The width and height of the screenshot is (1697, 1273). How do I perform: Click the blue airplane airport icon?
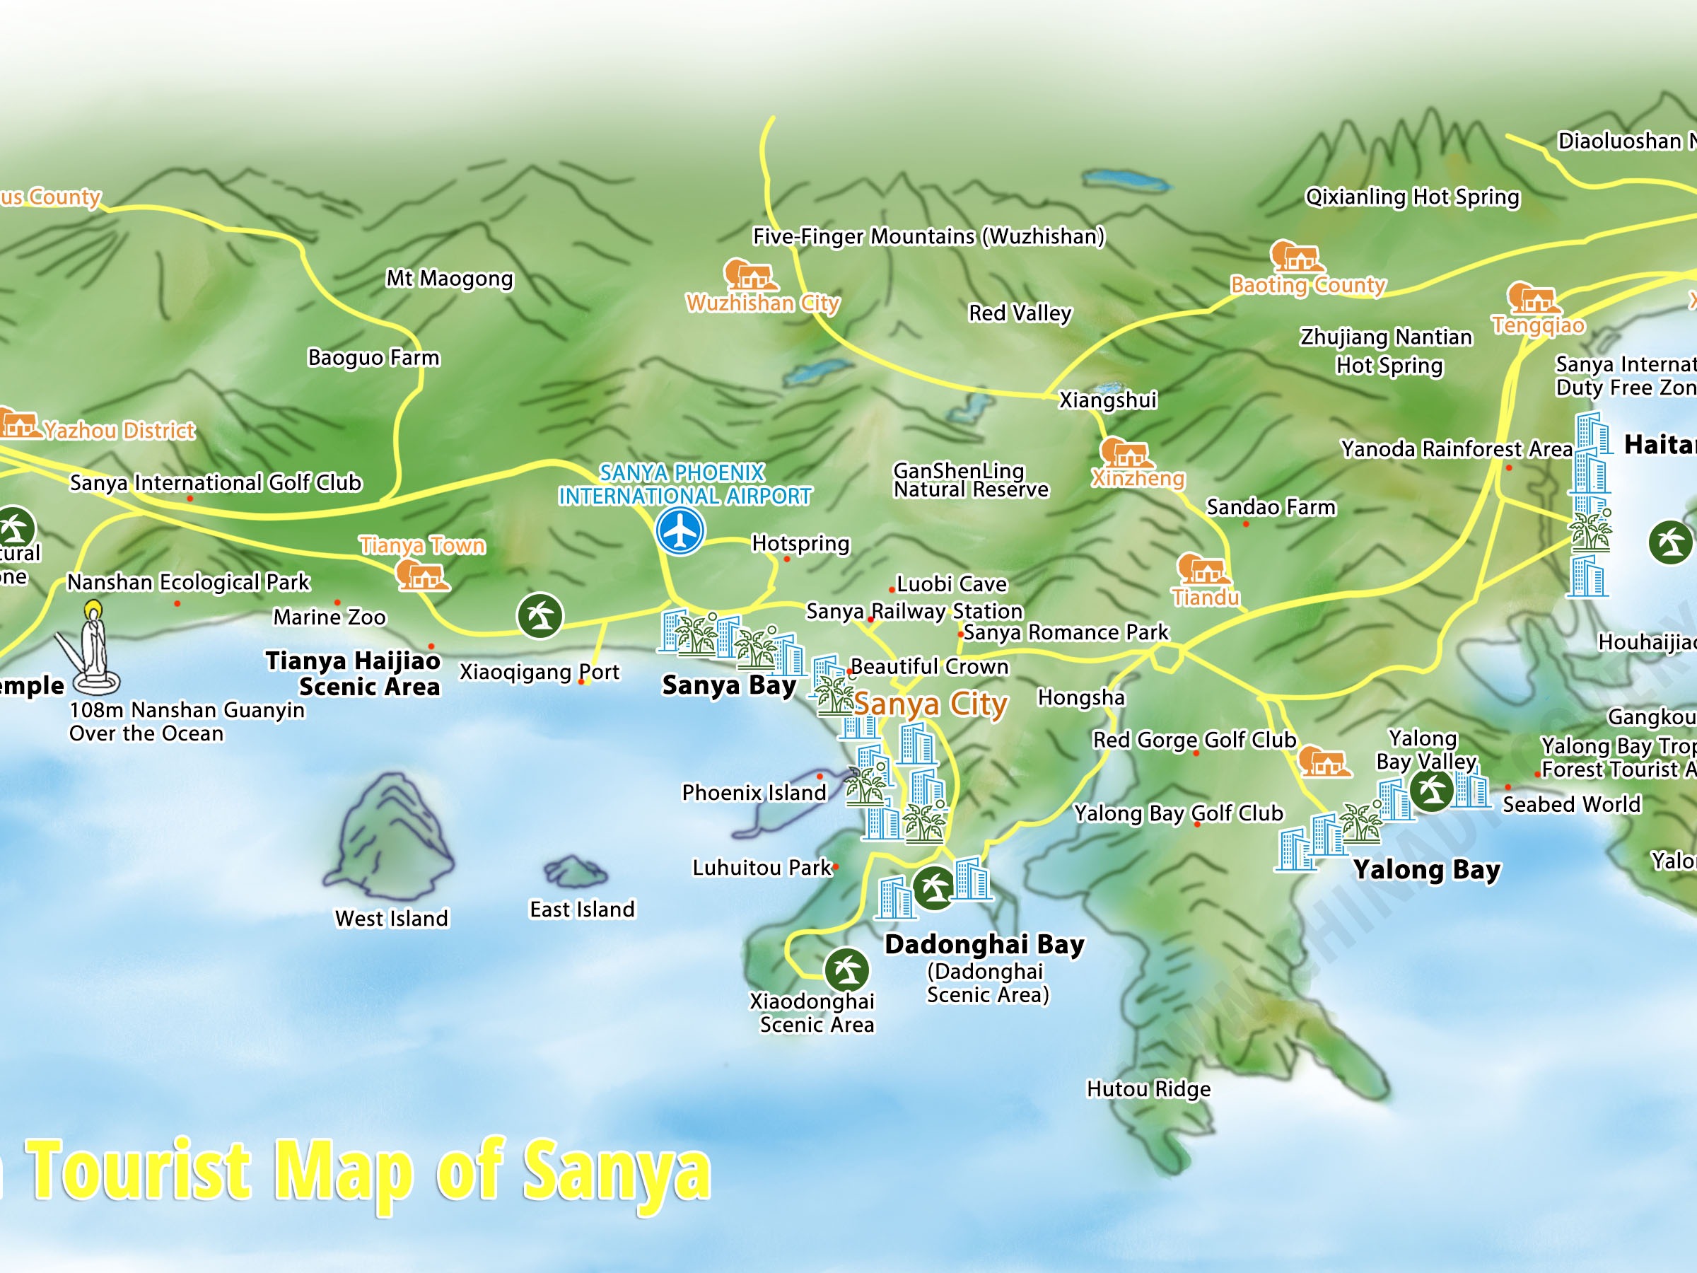tap(680, 530)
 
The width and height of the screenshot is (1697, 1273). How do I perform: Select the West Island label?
tap(391, 919)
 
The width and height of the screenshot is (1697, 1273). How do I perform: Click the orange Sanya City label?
tap(931, 704)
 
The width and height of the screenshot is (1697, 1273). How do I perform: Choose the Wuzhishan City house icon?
tap(750, 276)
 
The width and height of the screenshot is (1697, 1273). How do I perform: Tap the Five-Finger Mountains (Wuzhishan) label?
tap(928, 236)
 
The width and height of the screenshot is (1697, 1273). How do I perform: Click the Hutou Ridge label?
tap(1148, 1089)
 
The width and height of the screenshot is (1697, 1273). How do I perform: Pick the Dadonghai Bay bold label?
tap(984, 944)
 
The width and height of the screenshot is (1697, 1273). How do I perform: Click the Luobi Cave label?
tap(951, 584)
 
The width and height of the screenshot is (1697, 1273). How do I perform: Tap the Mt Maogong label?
tap(450, 278)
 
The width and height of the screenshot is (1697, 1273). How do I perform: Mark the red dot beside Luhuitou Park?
tap(836, 867)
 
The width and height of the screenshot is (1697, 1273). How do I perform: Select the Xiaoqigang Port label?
tap(539, 672)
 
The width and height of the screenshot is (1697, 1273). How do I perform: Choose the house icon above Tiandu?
tap(1203, 569)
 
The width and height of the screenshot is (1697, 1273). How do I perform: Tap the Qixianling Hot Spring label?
tap(1411, 197)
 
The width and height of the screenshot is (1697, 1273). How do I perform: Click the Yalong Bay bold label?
tap(1427, 870)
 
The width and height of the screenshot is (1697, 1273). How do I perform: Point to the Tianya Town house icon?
tap(421, 575)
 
